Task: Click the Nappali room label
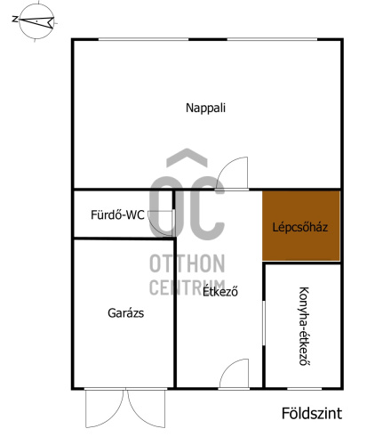(x=205, y=108)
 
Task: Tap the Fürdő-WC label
(x=117, y=214)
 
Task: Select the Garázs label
(x=126, y=313)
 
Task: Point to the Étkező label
(x=220, y=291)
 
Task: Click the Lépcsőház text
(x=300, y=227)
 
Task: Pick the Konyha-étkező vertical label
(x=304, y=326)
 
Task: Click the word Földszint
(x=312, y=413)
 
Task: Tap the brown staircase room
(x=301, y=226)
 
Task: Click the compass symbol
(x=36, y=21)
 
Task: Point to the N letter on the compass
(x=14, y=20)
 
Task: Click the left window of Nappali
(x=143, y=39)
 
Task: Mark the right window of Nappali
(x=272, y=39)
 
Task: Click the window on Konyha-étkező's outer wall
(x=305, y=388)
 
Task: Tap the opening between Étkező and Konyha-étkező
(x=264, y=323)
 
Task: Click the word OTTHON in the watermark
(x=187, y=263)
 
